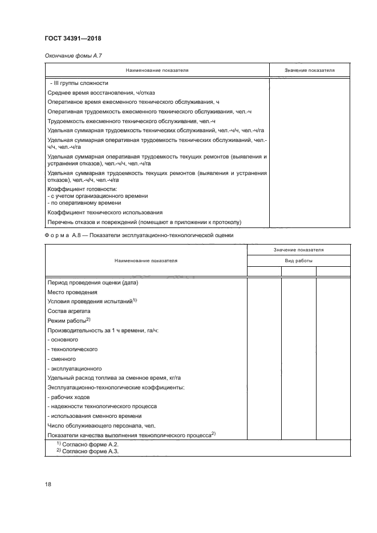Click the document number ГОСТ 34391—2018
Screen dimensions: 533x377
pos(73,38)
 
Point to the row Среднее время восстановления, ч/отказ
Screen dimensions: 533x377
pos(101,92)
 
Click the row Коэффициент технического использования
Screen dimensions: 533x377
pos(105,212)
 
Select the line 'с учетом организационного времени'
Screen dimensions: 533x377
pos(98,196)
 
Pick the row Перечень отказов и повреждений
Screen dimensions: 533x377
pos(145,221)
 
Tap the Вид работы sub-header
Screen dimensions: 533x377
pos(298,261)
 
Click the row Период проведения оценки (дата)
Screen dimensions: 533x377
pos(93,282)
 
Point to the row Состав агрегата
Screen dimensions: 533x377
pos(69,311)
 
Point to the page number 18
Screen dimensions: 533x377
pos(48,484)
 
